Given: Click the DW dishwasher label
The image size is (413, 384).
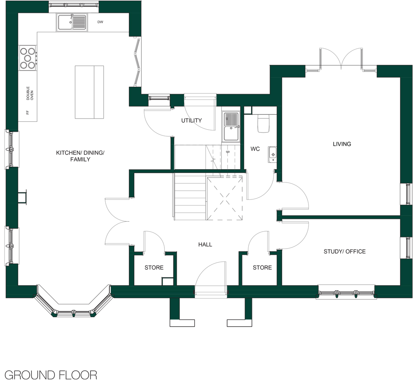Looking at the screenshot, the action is pyautogui.click(x=100, y=22).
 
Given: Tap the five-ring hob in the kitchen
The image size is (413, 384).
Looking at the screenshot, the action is pyautogui.click(x=28, y=58).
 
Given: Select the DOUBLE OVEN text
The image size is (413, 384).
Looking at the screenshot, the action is pyautogui.click(x=30, y=93).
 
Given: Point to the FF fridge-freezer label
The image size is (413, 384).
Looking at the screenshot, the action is pyautogui.click(x=27, y=112).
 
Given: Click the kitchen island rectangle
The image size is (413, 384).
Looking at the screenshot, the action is pyautogui.click(x=89, y=92).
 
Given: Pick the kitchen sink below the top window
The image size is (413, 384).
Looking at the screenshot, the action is pyautogui.click(x=72, y=22).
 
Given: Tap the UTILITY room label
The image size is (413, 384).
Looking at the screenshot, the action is pyautogui.click(x=192, y=121).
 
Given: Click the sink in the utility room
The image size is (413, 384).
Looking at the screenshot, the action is pyautogui.click(x=231, y=126).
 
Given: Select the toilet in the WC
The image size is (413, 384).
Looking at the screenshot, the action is pyautogui.click(x=263, y=123).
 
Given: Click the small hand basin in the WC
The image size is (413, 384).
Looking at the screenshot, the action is pyautogui.click(x=272, y=154).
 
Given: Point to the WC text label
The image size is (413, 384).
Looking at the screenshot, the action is pyautogui.click(x=255, y=149).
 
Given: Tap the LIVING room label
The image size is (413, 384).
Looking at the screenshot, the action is pyautogui.click(x=342, y=144).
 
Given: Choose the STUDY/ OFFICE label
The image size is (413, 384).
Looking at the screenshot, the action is pyautogui.click(x=344, y=251).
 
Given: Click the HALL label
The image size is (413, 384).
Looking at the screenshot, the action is pyautogui.click(x=205, y=244).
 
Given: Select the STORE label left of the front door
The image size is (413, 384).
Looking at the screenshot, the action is pyautogui.click(x=154, y=268).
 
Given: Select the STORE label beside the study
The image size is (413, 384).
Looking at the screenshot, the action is pyautogui.click(x=262, y=268).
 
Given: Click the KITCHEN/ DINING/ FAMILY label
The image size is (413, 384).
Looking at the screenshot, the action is pyautogui.click(x=81, y=156).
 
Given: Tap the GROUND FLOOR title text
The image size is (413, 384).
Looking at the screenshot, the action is pyautogui.click(x=51, y=375).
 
